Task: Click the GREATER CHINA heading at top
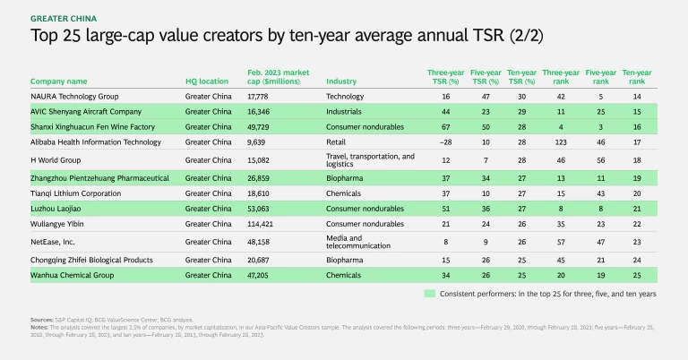point(65,17)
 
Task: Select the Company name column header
point(59,81)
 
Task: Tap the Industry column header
point(341,81)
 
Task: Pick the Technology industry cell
point(346,96)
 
